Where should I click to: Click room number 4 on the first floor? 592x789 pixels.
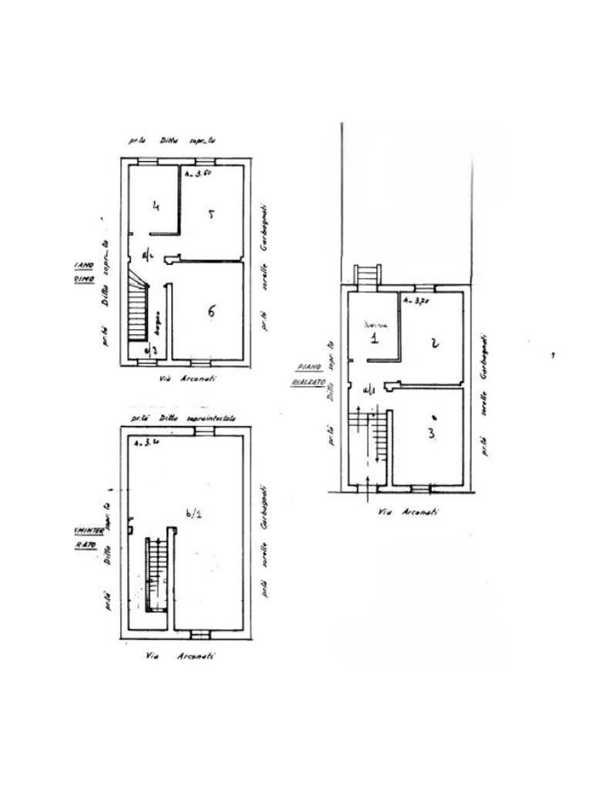tap(156, 206)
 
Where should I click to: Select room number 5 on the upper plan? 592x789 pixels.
tap(210, 214)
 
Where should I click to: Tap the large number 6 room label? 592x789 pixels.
tap(210, 311)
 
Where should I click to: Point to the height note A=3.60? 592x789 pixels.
tap(197, 175)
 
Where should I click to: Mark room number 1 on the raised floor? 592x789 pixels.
tap(373, 337)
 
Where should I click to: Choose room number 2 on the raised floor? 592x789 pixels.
tap(435, 343)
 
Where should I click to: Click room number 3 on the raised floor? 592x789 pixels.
tap(431, 433)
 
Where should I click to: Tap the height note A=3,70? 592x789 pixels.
tap(416, 301)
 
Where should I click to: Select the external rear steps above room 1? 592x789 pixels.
tap(367, 275)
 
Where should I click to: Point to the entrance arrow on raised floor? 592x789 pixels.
tap(367, 482)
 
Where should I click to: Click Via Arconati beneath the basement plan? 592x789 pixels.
tap(180, 656)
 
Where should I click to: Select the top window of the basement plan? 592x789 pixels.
tap(203, 432)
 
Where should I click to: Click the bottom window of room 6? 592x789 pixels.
tap(200, 361)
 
